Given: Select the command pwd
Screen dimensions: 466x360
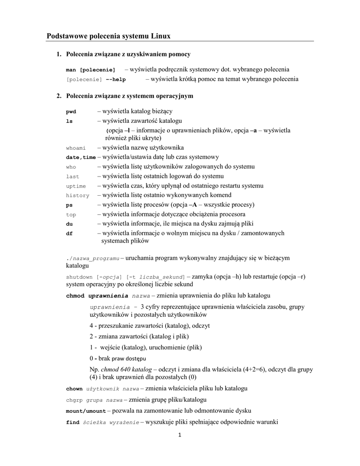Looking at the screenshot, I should click(x=71, y=111).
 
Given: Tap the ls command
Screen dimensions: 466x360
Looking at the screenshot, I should click(x=69, y=121).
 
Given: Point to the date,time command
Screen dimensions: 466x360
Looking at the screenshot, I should click(x=81, y=157).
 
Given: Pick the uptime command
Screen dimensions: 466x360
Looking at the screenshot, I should click(x=76, y=186).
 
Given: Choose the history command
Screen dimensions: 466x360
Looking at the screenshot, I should click(x=77, y=195).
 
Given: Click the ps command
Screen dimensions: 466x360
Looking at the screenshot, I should click(x=69, y=205).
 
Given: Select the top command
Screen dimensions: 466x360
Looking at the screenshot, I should click(x=71, y=214).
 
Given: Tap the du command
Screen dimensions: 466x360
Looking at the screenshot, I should click(x=69, y=224).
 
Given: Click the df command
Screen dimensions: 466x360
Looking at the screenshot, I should click(x=69, y=233).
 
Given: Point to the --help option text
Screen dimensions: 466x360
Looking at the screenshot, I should click(x=116, y=79).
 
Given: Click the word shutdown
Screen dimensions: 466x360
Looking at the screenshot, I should click(x=79, y=277).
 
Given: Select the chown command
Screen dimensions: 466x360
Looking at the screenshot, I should click(x=74, y=389).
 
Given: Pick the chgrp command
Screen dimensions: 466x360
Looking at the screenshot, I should click(x=74, y=400).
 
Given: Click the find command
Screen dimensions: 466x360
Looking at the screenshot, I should click(x=72, y=422).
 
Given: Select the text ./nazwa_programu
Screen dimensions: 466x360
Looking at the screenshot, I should click(x=92, y=258).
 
